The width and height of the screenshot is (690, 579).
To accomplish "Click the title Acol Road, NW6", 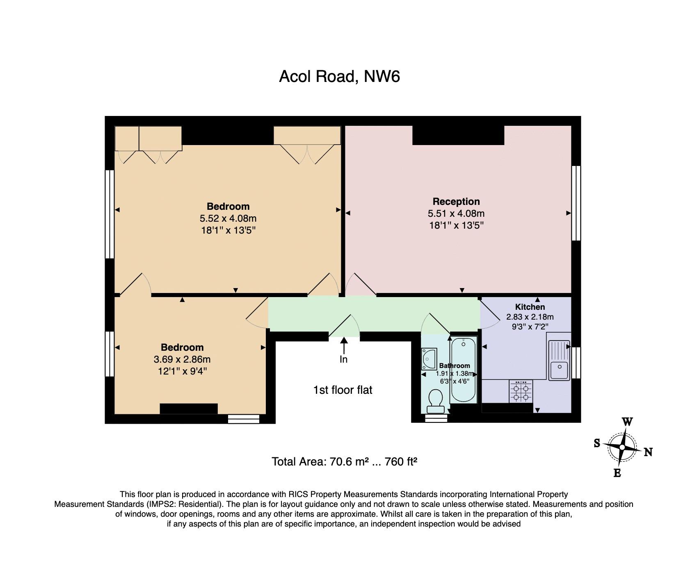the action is pos(339,77).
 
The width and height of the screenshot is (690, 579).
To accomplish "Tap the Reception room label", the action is pos(456,202).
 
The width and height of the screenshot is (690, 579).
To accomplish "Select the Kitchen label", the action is pos(530,307).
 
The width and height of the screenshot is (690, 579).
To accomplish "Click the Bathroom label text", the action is pos(455,366).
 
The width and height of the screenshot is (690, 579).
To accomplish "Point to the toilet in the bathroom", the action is pos(435,401).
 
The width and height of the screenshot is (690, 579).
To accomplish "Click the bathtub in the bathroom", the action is pos(464,370).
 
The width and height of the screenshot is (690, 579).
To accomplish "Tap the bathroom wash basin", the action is pos(429,359).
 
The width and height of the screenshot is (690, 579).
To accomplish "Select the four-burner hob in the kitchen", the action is pos(521,391).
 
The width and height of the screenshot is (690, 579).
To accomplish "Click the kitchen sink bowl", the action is pos(559,370).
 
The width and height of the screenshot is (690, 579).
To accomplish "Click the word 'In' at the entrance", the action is pos(343,359).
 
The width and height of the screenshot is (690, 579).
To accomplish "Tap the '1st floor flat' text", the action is pos(343,390).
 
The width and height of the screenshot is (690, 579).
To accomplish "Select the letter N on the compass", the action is pos(648,452).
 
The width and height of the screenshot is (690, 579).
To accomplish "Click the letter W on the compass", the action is pos(627,422).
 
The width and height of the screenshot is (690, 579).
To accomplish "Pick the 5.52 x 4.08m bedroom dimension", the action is pos(228,218).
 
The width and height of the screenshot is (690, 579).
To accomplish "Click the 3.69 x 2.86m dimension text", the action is pos(182,359).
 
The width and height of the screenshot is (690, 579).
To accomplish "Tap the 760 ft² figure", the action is pos(401,462).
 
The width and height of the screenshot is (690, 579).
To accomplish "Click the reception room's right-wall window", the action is pos(576,203).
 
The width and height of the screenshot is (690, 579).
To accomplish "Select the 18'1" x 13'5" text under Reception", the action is pos(456,225).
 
